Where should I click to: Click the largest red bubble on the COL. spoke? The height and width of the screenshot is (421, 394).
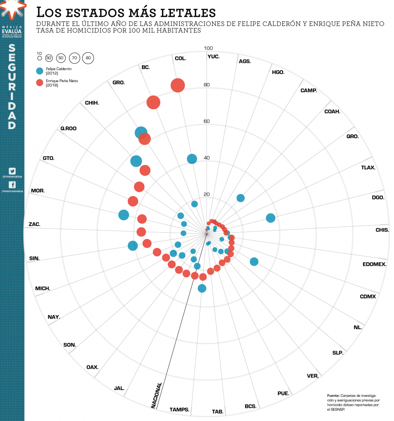tap(178, 86)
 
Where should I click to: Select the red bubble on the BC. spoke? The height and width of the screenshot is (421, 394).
tap(153, 102)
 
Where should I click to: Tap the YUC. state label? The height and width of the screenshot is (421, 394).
tap(213, 56)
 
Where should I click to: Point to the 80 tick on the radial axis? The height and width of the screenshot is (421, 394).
tap(206, 85)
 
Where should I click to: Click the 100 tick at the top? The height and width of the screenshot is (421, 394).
tap(209, 48)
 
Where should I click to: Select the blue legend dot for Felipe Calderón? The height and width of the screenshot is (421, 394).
tap(40, 71)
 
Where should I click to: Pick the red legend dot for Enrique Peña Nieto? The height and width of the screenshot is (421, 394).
tap(40, 83)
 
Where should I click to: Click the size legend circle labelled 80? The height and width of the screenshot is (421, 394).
tap(88, 58)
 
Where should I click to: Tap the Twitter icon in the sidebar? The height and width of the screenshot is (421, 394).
tap(12, 171)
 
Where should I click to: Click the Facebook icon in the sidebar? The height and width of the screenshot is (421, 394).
tap(12, 185)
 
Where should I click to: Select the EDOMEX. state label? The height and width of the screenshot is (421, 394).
tap(374, 264)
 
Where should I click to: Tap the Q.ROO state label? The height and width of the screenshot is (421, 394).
tap(68, 128)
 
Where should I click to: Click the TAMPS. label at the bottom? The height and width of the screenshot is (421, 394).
tap(180, 409)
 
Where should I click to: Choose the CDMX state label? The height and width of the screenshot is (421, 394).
tap(368, 296)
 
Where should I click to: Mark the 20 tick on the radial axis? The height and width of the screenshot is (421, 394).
tap(206, 194)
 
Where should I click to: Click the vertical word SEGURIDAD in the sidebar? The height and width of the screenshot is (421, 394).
tap(12, 87)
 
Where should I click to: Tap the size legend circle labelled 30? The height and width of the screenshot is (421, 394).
tap(49, 58)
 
